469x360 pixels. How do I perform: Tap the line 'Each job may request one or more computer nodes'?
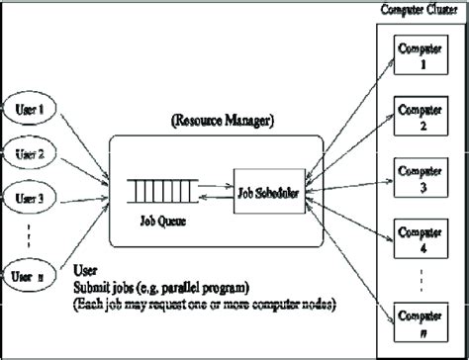click(x=203, y=304)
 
